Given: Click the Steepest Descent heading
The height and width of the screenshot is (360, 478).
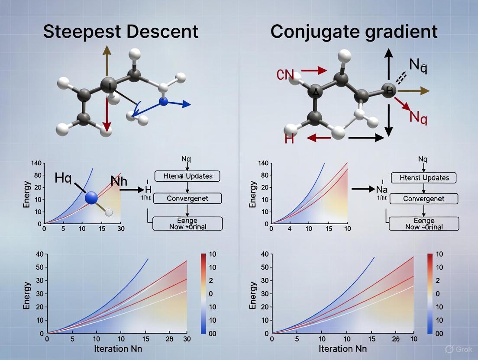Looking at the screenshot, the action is point(121,32).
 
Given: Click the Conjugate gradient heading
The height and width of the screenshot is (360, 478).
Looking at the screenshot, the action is point(354,32).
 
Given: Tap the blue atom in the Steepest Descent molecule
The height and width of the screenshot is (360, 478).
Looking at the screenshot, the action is point(163,102).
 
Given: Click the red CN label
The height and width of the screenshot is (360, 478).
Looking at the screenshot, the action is point(285,74).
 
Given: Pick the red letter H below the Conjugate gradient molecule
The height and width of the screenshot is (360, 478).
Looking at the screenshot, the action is point(290,138).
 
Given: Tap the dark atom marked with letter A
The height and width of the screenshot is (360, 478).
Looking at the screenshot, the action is point(315,92).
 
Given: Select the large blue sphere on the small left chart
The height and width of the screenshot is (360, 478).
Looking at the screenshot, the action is point(92,198).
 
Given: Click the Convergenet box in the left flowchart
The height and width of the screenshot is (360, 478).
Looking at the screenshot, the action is point(187,199).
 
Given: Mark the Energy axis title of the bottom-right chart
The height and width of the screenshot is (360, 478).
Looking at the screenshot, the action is point(253,296).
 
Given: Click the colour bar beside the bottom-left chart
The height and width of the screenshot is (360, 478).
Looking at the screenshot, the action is point(203,294).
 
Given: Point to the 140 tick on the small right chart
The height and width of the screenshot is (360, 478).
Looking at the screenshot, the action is point(263,163).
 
